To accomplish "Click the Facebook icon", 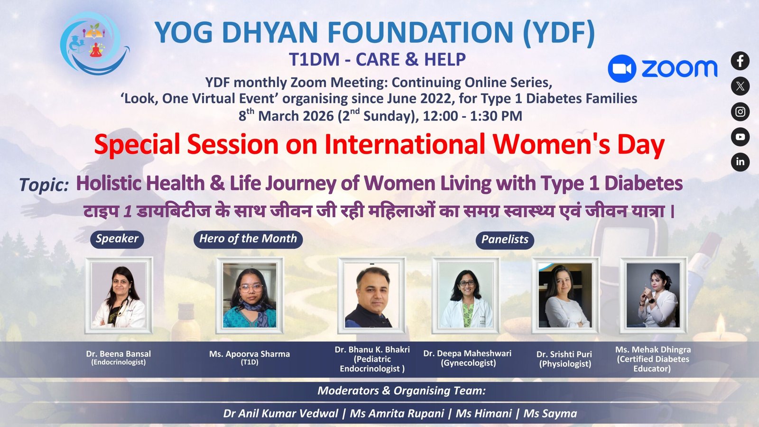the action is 740,61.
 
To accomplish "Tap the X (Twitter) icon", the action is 740,86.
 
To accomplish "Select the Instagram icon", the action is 740,111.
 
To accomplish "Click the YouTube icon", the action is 740,137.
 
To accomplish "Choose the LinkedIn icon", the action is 740,162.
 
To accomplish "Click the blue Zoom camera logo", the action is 622,68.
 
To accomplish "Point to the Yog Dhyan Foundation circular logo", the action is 94,43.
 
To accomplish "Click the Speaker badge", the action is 117,239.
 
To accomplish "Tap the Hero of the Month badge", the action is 248,239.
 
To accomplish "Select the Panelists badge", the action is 505,240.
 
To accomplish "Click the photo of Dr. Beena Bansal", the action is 119,295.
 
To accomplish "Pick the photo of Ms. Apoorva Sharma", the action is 250,295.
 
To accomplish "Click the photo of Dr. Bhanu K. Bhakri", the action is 372,295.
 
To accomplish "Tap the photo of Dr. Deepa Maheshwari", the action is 465,295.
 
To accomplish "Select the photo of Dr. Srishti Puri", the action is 565,295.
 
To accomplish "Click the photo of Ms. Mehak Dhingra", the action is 653,295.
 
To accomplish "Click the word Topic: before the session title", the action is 44,185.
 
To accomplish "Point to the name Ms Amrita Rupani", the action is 397,413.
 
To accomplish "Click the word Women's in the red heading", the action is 551,145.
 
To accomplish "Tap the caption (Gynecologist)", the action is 468,363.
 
